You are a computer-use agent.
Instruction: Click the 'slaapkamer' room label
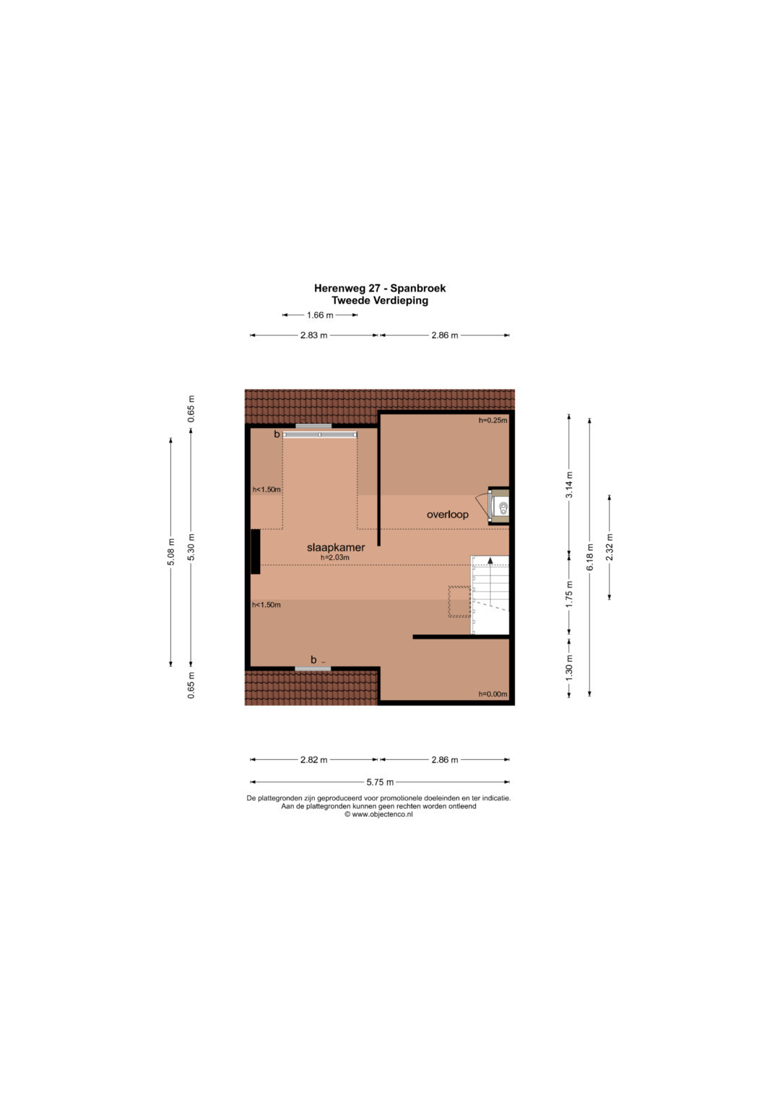tap(336, 547)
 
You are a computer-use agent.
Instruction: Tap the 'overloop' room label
tap(447, 515)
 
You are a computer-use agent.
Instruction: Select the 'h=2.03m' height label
tap(335, 557)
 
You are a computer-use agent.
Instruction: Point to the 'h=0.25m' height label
tap(493, 420)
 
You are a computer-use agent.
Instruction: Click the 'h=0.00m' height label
tap(493, 694)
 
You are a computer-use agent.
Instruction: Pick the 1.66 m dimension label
tap(320, 315)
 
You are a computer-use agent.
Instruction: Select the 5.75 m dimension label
tap(380, 782)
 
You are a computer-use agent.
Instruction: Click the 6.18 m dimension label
tap(589, 557)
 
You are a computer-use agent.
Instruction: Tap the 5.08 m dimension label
tap(171, 552)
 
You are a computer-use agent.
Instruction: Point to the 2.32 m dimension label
tap(610, 547)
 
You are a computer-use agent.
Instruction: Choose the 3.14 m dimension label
tap(569, 485)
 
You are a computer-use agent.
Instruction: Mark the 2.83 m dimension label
tap(313, 336)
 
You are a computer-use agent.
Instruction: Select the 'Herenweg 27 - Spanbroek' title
tap(380, 288)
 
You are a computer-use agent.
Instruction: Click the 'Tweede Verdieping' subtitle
tap(380, 300)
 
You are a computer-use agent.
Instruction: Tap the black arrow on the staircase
tap(490, 560)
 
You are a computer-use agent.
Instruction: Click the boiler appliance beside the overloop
tap(499, 506)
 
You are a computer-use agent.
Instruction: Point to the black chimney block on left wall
tap(256, 551)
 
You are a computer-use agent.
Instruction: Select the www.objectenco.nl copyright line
tap(378, 814)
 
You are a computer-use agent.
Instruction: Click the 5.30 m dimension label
tap(191, 547)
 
